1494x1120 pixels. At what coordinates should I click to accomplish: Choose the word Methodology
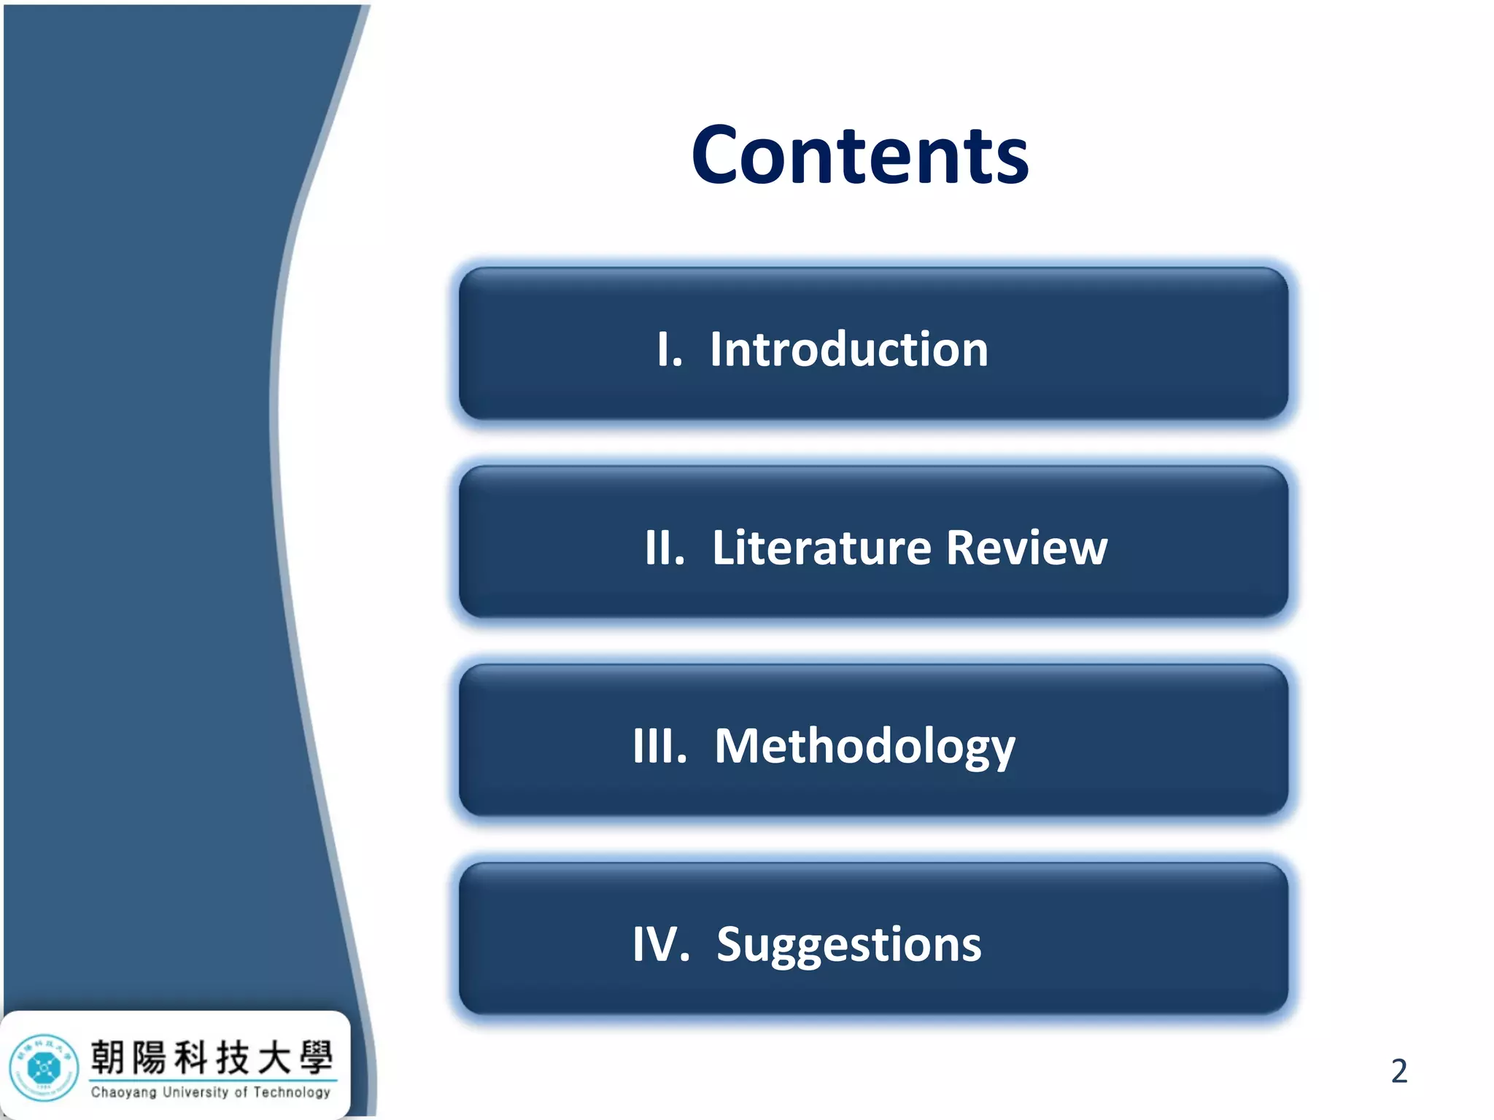pyautogui.click(x=864, y=747)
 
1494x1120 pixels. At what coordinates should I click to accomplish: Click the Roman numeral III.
pyautogui.click(x=659, y=747)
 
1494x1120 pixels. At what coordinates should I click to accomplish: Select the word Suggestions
pyautogui.click(x=848, y=945)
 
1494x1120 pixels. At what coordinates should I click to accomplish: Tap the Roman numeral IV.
pyautogui.click(x=660, y=945)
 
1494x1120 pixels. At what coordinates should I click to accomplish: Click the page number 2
pyautogui.click(x=1398, y=1071)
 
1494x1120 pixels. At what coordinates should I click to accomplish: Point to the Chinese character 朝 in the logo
pyautogui.click(x=107, y=1057)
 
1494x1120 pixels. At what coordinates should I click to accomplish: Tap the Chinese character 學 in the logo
pyautogui.click(x=316, y=1057)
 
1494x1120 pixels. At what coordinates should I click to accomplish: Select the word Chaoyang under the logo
pyautogui.click(x=123, y=1092)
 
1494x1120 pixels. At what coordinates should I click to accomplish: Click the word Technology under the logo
pyautogui.click(x=292, y=1092)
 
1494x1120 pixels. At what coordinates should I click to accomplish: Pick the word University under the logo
pyautogui.click(x=196, y=1092)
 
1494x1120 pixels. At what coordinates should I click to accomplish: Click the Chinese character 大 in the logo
pyautogui.click(x=274, y=1057)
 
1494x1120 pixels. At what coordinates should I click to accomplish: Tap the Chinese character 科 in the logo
pyautogui.click(x=192, y=1057)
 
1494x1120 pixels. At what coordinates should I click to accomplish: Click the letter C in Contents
pyautogui.click(x=718, y=155)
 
